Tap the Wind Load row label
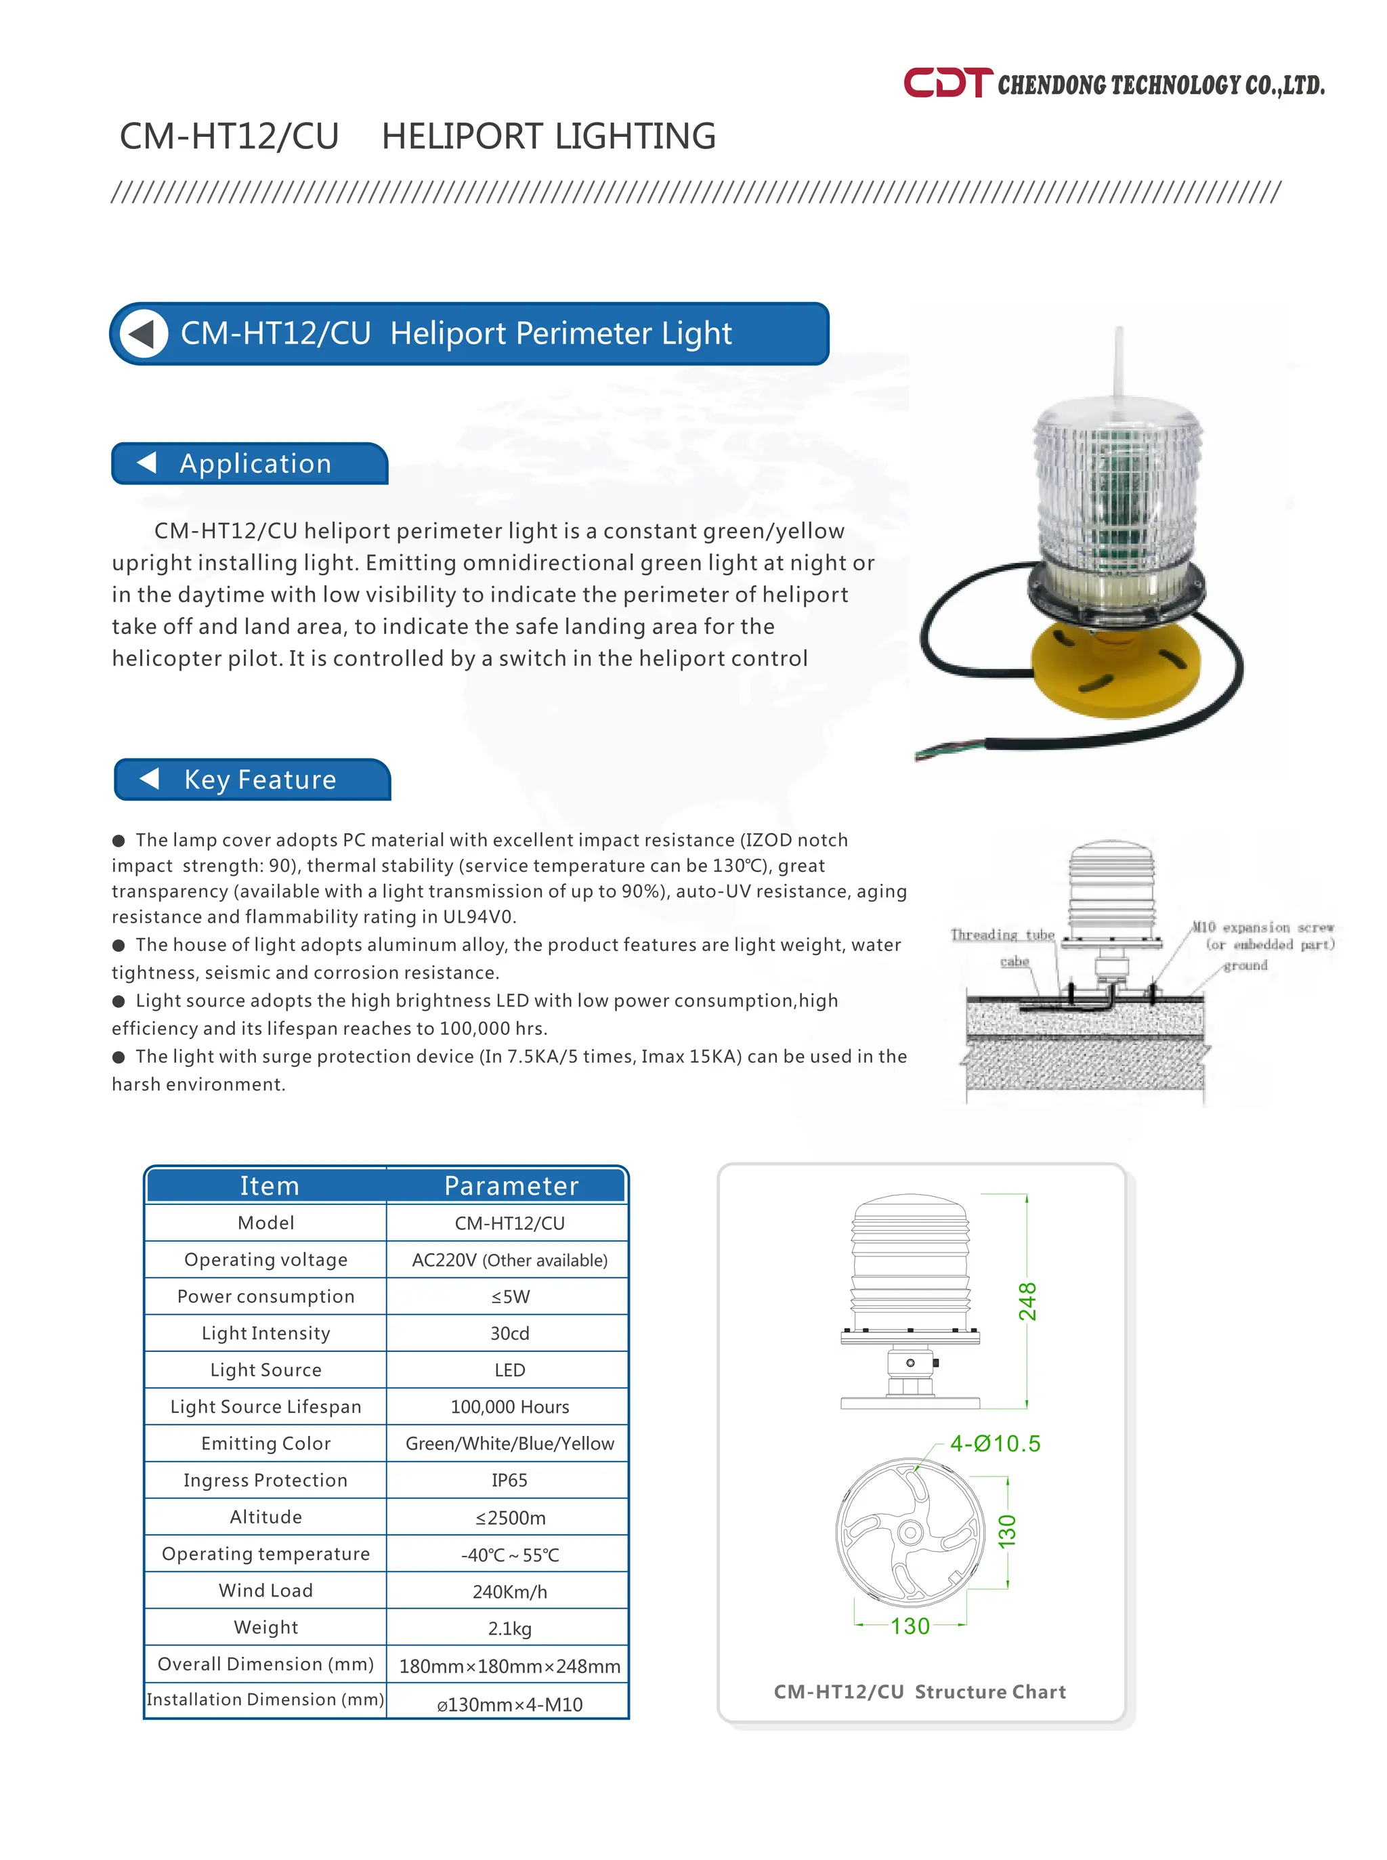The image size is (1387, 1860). (265, 1590)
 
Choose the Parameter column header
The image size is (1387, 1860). (511, 1185)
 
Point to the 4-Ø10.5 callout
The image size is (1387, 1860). (995, 1443)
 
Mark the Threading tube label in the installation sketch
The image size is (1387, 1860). (1002, 934)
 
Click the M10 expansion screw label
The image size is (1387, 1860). (1263, 927)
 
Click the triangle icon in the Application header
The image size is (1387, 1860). (147, 462)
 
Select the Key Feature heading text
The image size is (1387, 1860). (260, 778)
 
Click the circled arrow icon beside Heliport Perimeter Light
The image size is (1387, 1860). (143, 333)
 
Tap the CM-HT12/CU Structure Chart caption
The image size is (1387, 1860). (919, 1691)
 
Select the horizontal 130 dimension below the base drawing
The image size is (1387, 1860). (910, 1626)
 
